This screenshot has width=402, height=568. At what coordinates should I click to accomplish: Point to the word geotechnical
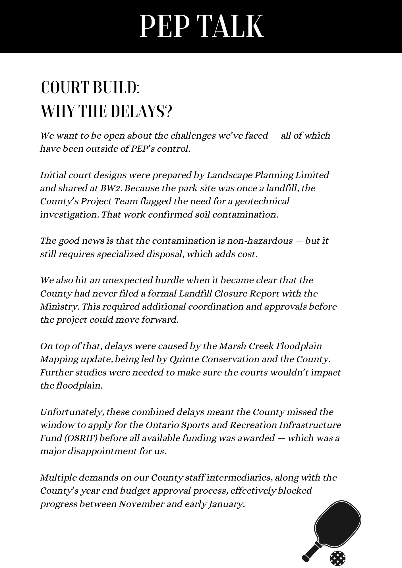tap(262, 201)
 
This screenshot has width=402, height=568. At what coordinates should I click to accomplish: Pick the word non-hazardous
tap(260, 241)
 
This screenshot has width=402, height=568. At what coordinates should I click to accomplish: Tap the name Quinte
tap(184, 359)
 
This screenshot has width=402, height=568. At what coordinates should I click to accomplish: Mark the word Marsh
tap(232, 346)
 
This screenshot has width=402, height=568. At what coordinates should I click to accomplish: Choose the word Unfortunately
tap(72, 412)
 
